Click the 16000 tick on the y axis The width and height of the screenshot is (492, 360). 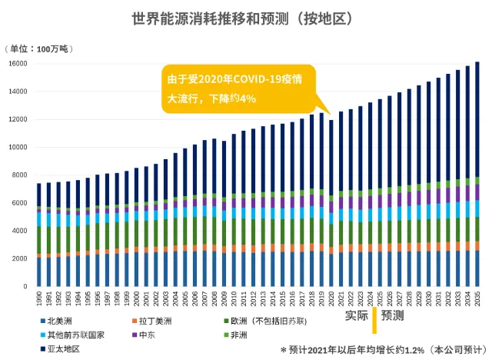tap(18, 64)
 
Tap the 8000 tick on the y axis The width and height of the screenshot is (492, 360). tap(19, 175)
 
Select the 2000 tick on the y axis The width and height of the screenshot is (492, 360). tap(19, 258)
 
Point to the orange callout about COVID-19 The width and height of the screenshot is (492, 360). tap(238, 88)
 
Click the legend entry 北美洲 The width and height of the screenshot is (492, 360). tap(58, 318)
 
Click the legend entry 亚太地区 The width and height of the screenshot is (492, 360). tap(62, 349)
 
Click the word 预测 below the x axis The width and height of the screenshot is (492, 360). tap(394, 315)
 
